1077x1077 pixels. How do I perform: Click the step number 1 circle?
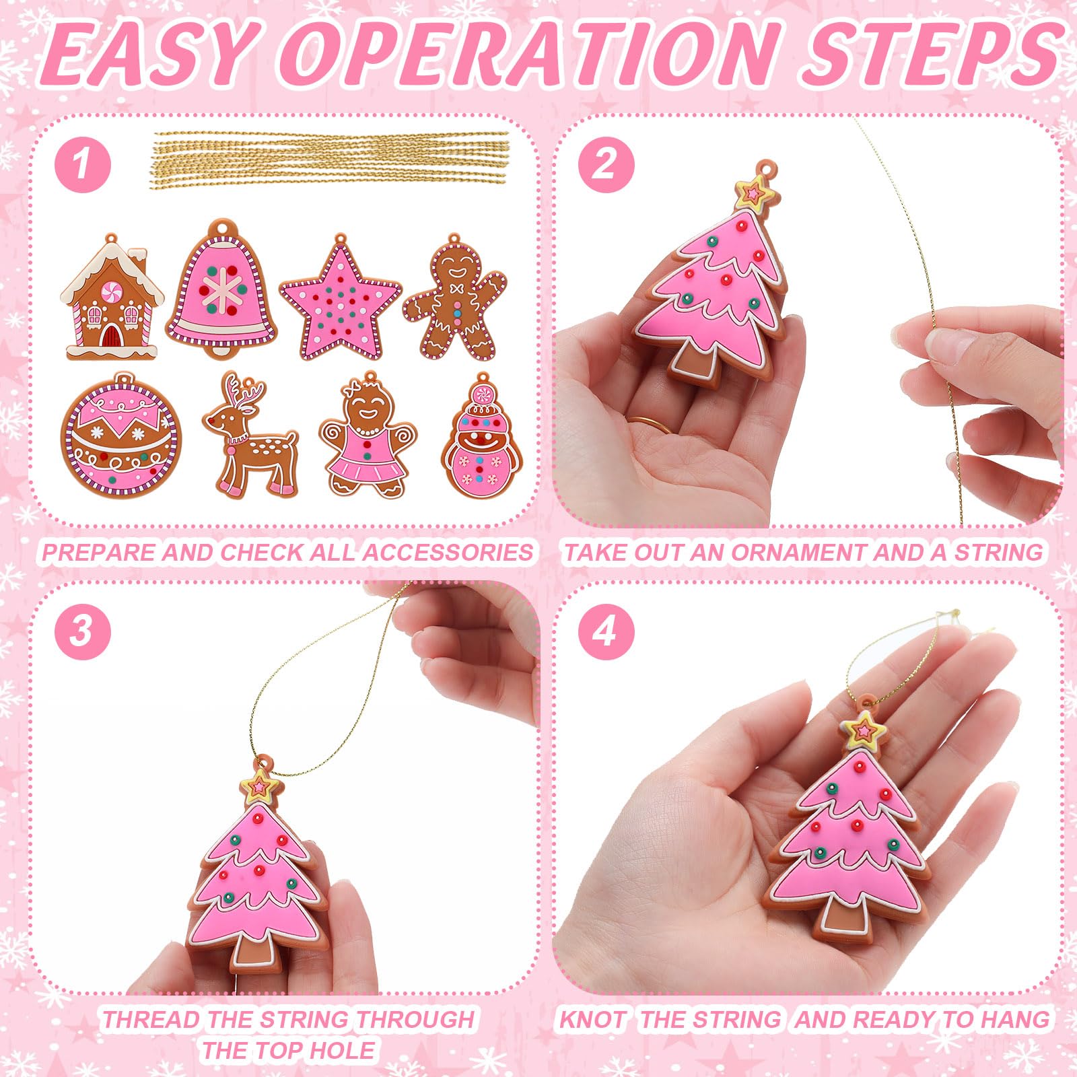point(83,164)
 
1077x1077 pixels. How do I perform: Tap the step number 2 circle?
point(605,164)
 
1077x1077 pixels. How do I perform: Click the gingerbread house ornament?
point(112,297)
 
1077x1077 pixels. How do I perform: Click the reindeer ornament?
point(249,436)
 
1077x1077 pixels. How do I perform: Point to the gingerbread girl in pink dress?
point(368,436)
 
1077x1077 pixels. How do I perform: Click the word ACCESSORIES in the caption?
point(448,553)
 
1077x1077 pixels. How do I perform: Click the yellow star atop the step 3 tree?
point(259,785)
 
